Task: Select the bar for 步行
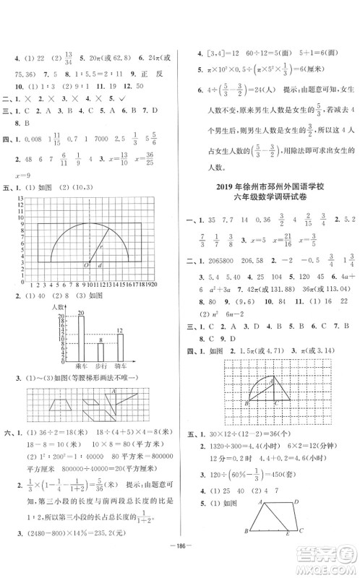(x=100, y=351)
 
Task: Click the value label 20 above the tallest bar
(x=82, y=312)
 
